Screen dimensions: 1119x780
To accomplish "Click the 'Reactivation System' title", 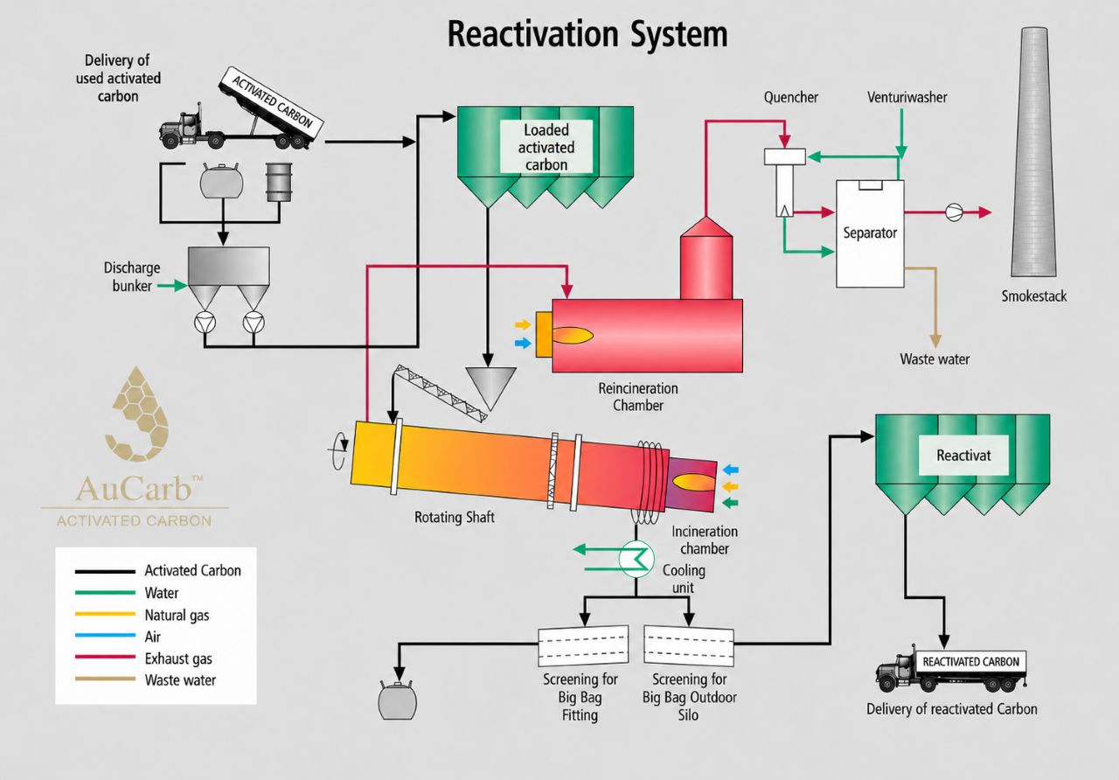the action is (x=587, y=35).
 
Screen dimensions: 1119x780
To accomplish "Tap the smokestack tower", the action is (x=1034, y=152).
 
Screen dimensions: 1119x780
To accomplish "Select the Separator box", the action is (x=870, y=233).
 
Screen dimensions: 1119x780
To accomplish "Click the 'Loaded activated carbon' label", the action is (x=546, y=148).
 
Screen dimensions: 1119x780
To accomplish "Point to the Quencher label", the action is (x=791, y=97).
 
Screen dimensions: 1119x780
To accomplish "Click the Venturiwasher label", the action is (x=907, y=97).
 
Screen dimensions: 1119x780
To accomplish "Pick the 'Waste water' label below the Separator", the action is (x=935, y=359).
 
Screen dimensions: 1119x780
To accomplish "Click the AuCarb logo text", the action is (x=135, y=489).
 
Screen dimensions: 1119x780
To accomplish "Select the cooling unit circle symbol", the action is (x=636, y=559).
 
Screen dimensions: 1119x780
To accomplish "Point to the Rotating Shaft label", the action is (x=455, y=517).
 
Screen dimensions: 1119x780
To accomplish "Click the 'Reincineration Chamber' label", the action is (x=638, y=397).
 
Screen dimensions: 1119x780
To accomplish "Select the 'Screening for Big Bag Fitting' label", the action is (x=580, y=697).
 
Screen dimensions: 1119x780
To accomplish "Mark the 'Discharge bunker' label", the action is (x=132, y=277).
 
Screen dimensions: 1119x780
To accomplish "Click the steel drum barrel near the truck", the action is (x=279, y=182).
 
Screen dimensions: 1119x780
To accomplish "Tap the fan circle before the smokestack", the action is (x=954, y=212).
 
